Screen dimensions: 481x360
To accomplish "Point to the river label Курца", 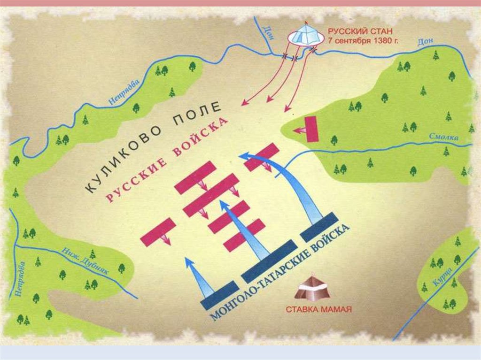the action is pos(447,277).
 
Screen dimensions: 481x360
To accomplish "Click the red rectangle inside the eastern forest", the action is pos(310,128).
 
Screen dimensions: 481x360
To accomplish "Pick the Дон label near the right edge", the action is pos(423,42).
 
